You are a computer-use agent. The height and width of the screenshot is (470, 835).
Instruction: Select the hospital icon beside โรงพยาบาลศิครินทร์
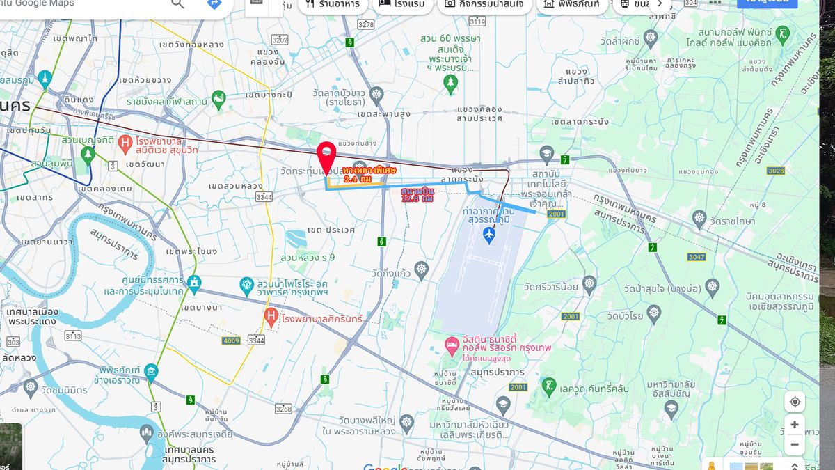272,318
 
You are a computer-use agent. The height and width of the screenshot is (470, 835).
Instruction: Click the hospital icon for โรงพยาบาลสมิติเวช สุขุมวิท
125,145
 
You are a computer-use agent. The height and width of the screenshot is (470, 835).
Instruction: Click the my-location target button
794,402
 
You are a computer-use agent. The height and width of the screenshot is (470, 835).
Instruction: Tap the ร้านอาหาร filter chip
330,3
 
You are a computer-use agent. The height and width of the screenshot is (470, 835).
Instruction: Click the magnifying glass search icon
177,3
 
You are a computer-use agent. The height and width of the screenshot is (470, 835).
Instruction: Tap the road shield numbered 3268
283,409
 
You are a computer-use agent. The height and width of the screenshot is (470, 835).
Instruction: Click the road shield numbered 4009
231,340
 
